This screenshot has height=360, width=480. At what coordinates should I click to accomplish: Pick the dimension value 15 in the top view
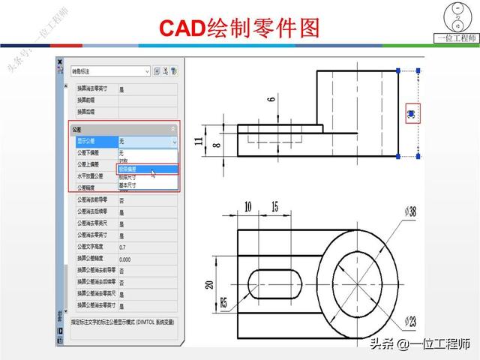(x=274, y=205)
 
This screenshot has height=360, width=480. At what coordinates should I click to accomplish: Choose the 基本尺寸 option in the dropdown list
(x=128, y=184)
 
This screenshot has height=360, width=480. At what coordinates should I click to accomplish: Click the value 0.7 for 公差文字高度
(x=122, y=247)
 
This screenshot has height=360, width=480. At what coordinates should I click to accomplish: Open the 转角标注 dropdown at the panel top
(x=109, y=72)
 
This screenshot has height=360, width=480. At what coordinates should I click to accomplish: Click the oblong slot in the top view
(x=282, y=284)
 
